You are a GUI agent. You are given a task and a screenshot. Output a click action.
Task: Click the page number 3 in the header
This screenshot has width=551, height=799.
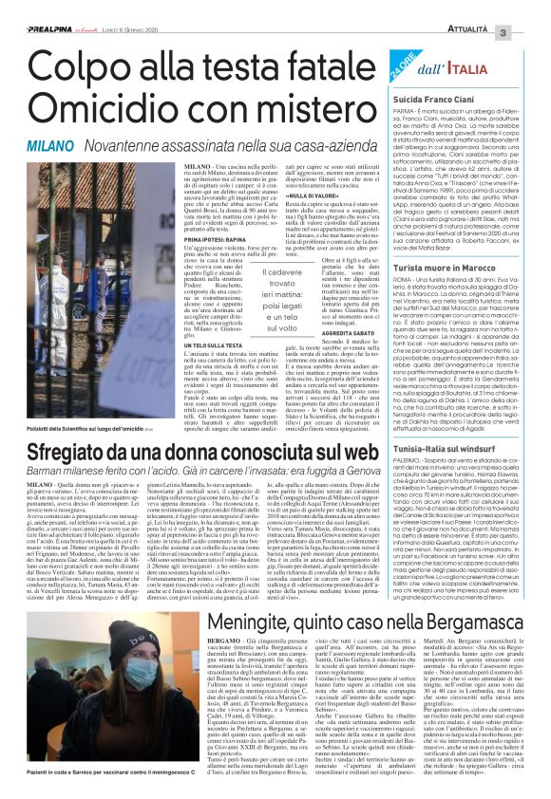tap(530, 8)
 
